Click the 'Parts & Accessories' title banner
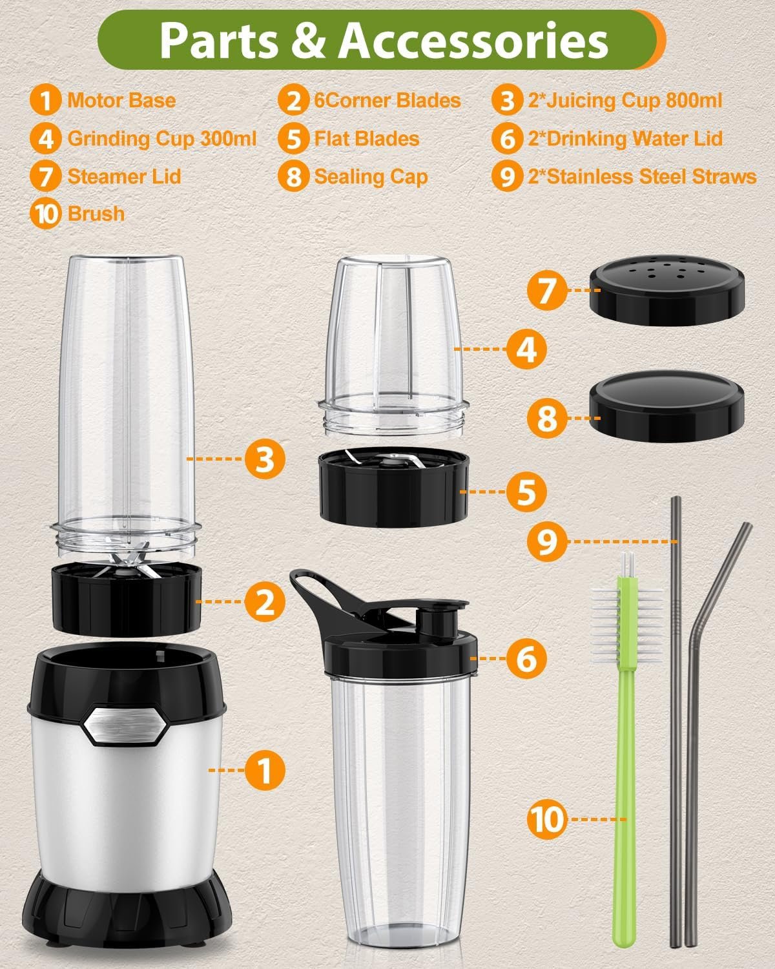381,40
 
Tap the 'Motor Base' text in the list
121,101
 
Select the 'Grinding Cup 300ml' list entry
161,139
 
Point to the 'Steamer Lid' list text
124,176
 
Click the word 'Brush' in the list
96,214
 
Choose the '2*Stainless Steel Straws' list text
642,176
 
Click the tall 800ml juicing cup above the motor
126,401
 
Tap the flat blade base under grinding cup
392,488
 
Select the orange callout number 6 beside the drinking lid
526,658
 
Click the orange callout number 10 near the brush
546,819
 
